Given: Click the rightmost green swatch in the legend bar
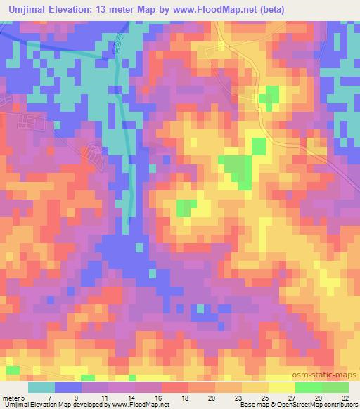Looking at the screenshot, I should (335, 387).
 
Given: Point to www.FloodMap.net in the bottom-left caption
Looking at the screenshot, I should (133, 405).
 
